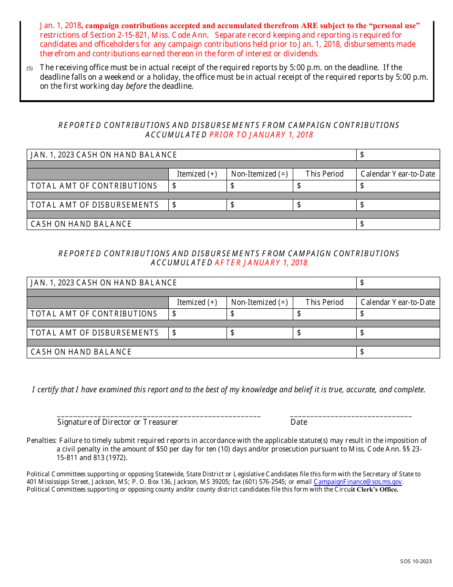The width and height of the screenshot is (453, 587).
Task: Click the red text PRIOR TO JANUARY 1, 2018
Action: tap(261, 135)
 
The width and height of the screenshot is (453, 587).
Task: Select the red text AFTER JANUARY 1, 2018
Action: tap(261, 262)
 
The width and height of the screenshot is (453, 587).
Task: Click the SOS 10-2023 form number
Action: tap(416, 561)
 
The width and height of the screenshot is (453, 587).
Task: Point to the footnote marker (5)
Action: tap(30, 69)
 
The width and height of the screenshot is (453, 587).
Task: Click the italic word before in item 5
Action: tap(136, 86)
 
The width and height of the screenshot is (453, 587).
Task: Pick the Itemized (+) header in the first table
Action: tap(197, 174)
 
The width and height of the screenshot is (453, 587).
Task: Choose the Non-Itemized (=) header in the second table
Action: tap(259, 302)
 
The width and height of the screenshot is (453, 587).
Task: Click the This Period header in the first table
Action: tap(324, 174)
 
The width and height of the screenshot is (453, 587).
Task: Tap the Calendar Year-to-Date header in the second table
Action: tap(398, 302)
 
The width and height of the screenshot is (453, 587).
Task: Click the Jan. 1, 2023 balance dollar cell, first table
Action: tap(398, 155)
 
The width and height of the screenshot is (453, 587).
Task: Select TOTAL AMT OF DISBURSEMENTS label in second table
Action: tap(94, 333)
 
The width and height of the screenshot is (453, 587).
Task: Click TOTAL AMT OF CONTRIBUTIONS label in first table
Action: tap(94, 186)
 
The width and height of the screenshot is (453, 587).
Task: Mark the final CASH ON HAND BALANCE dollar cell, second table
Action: tap(398, 352)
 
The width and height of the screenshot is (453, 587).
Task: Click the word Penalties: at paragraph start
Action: tap(41, 440)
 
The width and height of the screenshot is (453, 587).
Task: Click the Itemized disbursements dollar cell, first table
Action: tap(197, 205)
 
